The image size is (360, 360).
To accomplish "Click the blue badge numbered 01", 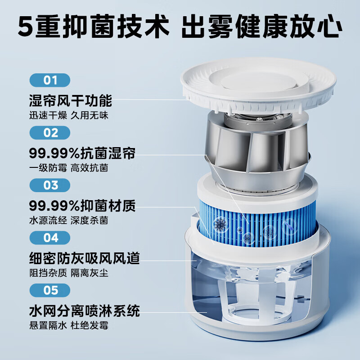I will pyautogui.click(x=50, y=81).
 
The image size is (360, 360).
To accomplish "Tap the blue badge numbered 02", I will pyautogui.click(x=50, y=133).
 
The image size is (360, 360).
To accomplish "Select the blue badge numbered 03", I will pyautogui.click(x=50, y=185).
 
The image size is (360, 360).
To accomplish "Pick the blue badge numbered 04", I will pyautogui.click(x=50, y=237).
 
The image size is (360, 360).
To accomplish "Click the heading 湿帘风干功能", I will pyautogui.click(x=70, y=100).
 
